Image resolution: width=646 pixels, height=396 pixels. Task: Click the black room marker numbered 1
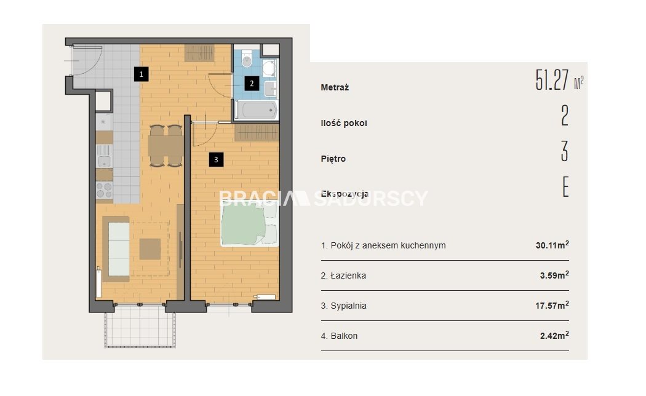142,74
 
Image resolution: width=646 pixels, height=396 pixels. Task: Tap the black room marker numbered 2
252,84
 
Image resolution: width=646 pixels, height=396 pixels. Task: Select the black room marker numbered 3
217,159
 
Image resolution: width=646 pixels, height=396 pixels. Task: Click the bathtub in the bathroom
256,110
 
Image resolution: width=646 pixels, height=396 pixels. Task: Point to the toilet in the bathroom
247,59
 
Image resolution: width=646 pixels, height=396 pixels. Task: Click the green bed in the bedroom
250,225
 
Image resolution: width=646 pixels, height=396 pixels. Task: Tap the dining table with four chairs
165,146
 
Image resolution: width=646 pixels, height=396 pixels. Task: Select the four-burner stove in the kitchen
104,191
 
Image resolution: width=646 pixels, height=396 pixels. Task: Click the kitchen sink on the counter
104,156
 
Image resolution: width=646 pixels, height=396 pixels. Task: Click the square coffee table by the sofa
150,249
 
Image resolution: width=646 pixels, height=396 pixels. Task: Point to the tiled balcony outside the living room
140,326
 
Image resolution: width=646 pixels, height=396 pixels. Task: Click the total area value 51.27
552,80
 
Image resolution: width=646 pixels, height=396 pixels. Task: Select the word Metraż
335,87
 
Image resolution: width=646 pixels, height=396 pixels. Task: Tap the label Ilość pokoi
344,123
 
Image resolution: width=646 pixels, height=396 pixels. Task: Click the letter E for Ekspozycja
565,187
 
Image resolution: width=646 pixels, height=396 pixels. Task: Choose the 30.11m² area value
552,245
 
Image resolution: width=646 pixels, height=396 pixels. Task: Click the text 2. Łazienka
343,275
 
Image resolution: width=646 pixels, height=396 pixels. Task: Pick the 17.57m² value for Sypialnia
552,305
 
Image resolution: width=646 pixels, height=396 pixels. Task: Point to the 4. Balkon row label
340,336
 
